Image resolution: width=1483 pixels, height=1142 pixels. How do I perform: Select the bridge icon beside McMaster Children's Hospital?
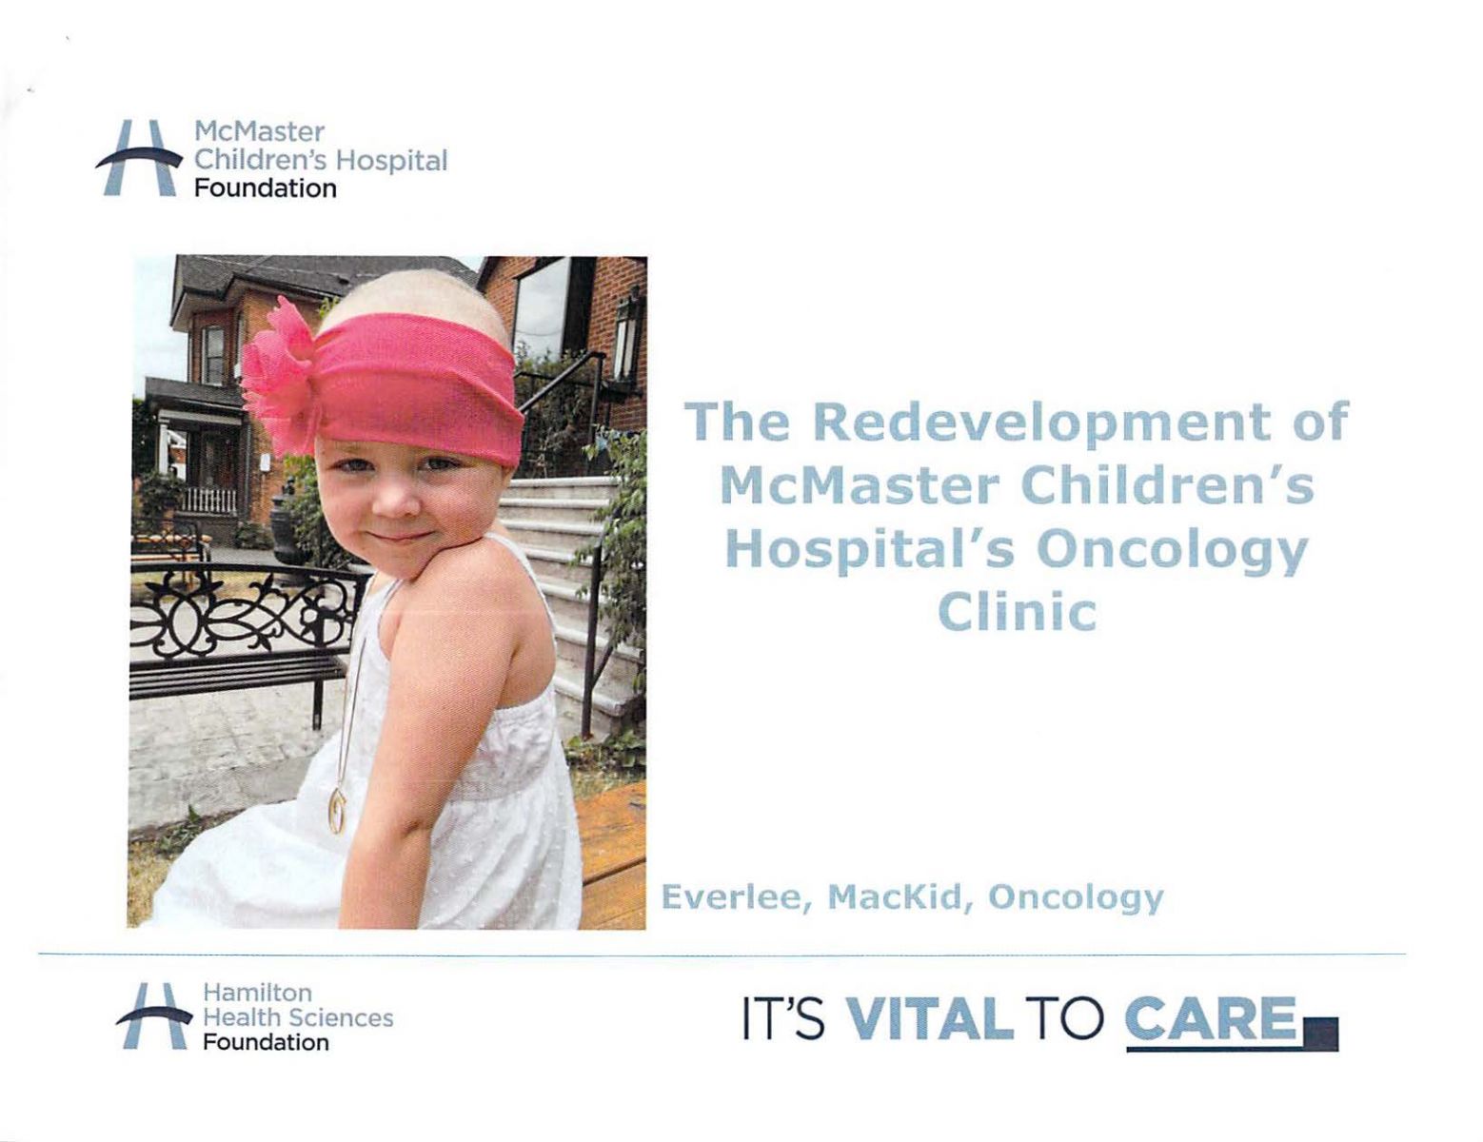click(139, 158)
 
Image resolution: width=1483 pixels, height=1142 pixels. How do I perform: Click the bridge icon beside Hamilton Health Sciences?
click(153, 1015)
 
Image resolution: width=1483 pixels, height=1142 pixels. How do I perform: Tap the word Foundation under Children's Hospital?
click(266, 189)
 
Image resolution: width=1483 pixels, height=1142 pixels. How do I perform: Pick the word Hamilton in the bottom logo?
click(257, 992)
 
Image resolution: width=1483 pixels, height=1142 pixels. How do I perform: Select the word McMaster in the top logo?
click(259, 131)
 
